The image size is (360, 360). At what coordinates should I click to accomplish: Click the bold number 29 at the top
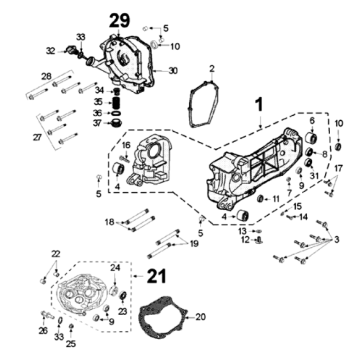tap(119, 21)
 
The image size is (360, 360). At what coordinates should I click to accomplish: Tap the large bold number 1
tap(259, 105)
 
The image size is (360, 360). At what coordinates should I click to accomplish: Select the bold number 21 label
tap(156, 276)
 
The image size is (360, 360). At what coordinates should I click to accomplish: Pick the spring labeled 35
tap(117, 102)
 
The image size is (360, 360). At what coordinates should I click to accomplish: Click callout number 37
tap(97, 123)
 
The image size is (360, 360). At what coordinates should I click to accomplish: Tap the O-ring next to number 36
tap(116, 113)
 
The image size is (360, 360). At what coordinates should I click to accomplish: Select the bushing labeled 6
tap(312, 137)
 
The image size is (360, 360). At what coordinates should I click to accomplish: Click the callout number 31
tap(312, 176)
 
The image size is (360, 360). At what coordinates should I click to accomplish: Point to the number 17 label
tap(338, 168)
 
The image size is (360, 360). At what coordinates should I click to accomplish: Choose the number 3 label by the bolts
tap(336, 239)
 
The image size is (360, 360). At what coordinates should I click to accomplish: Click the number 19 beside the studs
tap(193, 244)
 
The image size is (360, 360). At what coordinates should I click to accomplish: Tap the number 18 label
tap(109, 222)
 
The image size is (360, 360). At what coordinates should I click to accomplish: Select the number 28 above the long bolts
tap(46, 77)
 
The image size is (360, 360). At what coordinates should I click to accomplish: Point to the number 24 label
tap(116, 268)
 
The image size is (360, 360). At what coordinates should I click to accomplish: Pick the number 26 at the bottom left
tap(43, 330)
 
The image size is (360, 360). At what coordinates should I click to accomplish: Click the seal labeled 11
tap(260, 199)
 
